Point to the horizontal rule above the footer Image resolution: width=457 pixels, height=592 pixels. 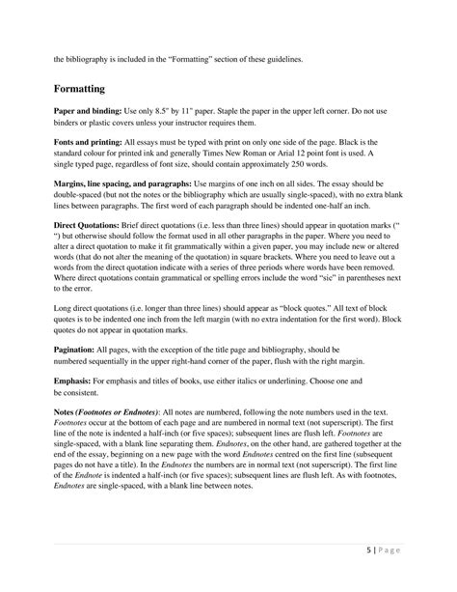(228, 543)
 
